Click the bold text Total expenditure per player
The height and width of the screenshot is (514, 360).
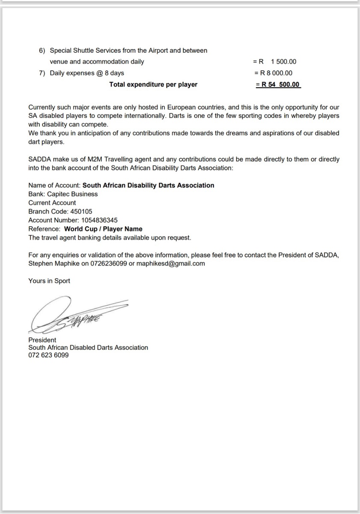[153, 85]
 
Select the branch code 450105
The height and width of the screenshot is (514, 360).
[78, 212]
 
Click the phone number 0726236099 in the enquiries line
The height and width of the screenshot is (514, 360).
[109, 264]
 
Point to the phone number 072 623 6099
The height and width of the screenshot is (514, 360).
[48, 356]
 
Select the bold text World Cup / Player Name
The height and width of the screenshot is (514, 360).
[103, 229]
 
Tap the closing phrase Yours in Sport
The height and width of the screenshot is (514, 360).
[49, 281]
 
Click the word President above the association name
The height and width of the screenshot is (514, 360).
[42, 340]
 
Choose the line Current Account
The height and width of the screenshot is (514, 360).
[52, 203]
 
